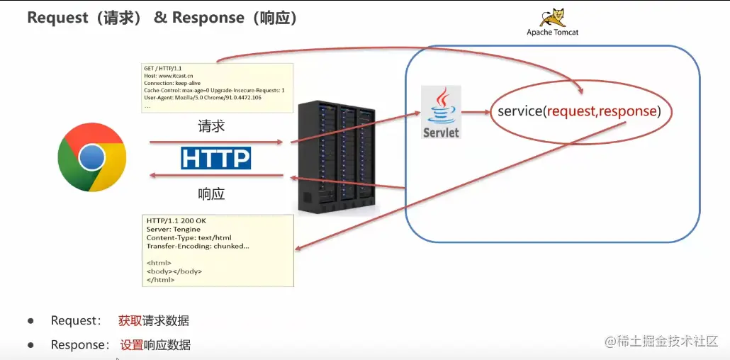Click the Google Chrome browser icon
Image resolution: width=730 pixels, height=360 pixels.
pyautogui.click(x=91, y=157)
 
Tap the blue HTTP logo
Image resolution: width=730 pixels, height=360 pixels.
pyautogui.click(x=215, y=157)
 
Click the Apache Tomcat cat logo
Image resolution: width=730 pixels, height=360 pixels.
pyautogui.click(x=553, y=17)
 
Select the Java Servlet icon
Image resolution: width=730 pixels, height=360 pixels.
pyautogui.click(x=441, y=112)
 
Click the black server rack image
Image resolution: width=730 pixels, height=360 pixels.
pyautogui.click(x=336, y=158)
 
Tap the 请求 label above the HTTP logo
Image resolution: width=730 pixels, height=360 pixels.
pyautogui.click(x=211, y=127)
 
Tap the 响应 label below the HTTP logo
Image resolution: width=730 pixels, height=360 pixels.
pyautogui.click(x=211, y=193)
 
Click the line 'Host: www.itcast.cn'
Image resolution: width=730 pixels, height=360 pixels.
pyautogui.click(x=168, y=75)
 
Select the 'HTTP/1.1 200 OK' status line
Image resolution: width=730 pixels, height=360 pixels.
pyautogui.click(x=177, y=220)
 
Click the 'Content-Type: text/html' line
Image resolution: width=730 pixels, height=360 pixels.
pyautogui.click(x=189, y=237)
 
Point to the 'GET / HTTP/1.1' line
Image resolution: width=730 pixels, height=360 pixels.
pyautogui.click(x=162, y=68)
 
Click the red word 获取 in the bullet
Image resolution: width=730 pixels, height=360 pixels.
pyautogui.click(x=130, y=321)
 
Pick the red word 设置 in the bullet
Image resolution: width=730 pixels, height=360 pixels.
pyautogui.click(x=132, y=345)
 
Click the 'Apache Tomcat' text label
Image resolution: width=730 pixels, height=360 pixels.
pyautogui.click(x=552, y=32)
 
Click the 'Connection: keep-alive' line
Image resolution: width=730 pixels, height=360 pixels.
pyautogui.click(x=172, y=83)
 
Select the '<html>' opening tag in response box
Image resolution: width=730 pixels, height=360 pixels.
pyautogui.click(x=159, y=263)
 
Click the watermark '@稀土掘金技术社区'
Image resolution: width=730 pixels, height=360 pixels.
pyautogui.click(x=661, y=341)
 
